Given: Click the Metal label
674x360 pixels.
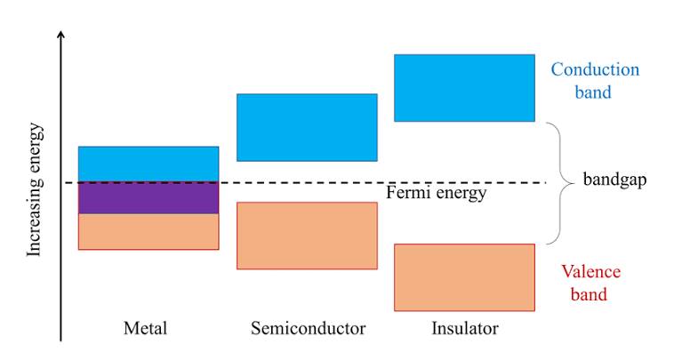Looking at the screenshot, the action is pos(145,328).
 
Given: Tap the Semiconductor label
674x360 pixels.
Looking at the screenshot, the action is pos(309,328).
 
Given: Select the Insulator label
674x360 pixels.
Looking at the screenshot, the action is pos(465,328).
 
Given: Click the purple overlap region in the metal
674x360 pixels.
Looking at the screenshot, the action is pos(148,198).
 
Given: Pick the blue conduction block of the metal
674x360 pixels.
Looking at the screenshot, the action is pos(148,164).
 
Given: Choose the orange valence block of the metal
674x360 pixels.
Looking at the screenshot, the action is pos(148,231).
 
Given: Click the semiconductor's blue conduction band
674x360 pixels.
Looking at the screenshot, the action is pos(307,128).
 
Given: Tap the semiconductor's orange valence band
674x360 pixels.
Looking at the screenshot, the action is pos(307,236).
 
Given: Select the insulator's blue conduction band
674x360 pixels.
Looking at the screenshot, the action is pos(465,88).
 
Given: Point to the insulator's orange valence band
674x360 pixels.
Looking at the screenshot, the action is pos(465,277).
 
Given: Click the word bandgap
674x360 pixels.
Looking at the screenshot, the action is pos(614,180).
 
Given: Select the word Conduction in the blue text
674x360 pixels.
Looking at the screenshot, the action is pos(596,69).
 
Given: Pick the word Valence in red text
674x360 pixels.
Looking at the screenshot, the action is pos(591,271).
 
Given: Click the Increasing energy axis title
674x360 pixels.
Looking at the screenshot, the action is pos(35,189).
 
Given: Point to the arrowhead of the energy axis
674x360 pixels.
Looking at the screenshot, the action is pos(61,35).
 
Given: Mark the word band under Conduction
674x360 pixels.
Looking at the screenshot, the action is pos(593,92).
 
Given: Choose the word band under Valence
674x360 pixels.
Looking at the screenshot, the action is pos(589,294).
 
